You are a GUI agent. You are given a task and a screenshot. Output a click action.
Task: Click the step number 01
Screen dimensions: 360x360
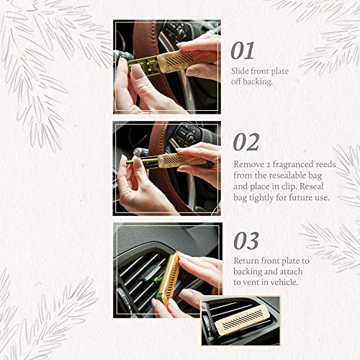243,50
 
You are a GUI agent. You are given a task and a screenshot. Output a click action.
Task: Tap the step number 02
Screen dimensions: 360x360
246,142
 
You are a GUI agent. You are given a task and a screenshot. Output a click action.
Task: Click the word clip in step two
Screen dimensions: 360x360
297,186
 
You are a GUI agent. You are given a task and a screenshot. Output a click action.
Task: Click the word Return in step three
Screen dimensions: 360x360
246,261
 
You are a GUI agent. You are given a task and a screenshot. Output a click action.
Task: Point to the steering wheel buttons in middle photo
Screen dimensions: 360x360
184,134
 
